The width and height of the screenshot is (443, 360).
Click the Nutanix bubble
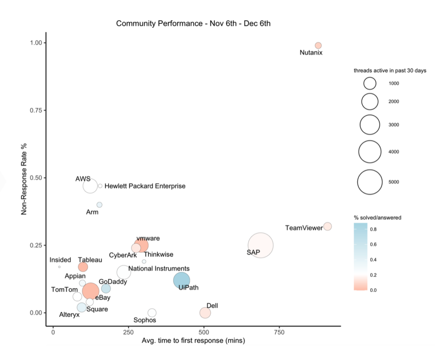pos(318,45)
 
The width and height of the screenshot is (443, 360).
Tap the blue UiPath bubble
pos(182,280)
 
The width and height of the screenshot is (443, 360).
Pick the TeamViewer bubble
pos(327,226)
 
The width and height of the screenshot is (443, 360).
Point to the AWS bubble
pos(90,186)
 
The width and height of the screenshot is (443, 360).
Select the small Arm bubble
pos(100,204)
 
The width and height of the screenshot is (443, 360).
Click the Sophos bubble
pos(152,312)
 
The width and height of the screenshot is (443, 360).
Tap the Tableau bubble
pos(83,267)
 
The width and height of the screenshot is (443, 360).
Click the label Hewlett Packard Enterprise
pos(145,186)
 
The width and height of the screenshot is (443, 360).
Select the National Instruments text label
pos(159,268)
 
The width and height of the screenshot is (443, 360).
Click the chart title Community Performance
pos(193,23)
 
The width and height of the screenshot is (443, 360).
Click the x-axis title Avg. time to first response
pos(193,341)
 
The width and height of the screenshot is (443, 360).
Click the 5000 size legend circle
pos(370,182)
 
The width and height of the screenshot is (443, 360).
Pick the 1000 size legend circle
pos(370,83)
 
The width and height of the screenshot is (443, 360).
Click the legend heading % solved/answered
pos(377,217)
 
